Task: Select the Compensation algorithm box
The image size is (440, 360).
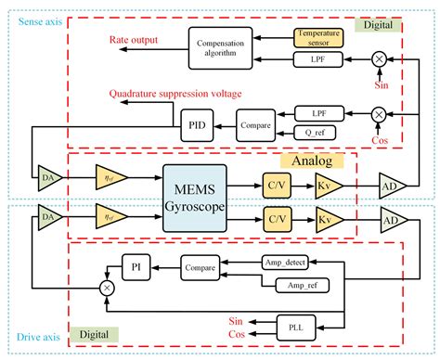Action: [221, 47]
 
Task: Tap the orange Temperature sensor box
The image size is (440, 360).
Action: [319, 36]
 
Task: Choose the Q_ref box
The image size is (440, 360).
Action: [317, 130]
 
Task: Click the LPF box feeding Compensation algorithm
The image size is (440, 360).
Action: [318, 58]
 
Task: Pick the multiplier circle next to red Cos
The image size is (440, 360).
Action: [378, 113]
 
